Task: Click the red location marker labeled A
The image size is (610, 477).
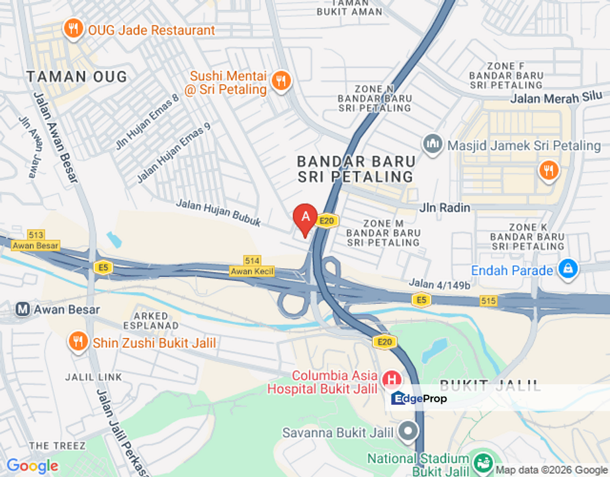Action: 304,217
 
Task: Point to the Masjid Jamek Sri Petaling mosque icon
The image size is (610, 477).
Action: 433,144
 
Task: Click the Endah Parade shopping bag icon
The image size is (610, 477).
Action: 568,269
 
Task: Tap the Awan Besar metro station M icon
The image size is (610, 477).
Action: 23,309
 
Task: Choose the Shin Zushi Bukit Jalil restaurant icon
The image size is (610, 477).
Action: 78,342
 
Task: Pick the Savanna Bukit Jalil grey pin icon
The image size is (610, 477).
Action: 408,433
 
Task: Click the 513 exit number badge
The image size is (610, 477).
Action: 36,235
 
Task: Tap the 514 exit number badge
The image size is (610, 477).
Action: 251,261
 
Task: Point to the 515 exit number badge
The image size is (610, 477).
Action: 488,301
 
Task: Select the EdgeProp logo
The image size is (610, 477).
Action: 419,398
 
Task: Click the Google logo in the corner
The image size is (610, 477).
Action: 32,466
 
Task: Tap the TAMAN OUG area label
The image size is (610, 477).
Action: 77,77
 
